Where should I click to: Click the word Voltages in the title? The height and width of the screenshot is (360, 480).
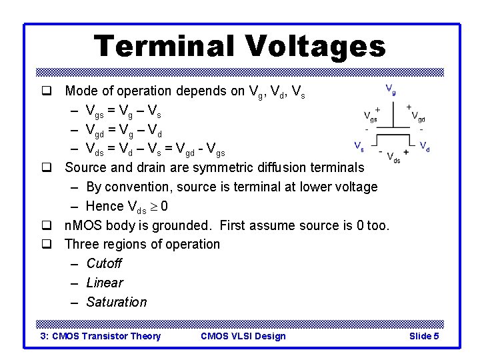(315, 46)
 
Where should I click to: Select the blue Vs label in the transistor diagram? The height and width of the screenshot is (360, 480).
(358, 145)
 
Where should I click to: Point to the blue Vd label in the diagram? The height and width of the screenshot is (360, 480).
(424, 145)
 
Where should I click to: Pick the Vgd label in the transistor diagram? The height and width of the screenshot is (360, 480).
(419, 117)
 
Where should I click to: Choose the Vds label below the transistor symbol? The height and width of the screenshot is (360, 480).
(393, 158)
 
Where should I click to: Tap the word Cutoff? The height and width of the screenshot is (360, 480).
(104, 263)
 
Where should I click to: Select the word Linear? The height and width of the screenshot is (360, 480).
(105, 283)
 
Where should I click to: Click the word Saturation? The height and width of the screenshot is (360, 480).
(117, 302)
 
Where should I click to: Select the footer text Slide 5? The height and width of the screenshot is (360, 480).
(423, 336)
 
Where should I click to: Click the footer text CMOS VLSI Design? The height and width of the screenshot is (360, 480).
(243, 336)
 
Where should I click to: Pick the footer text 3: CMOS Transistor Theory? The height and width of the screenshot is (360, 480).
(101, 336)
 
